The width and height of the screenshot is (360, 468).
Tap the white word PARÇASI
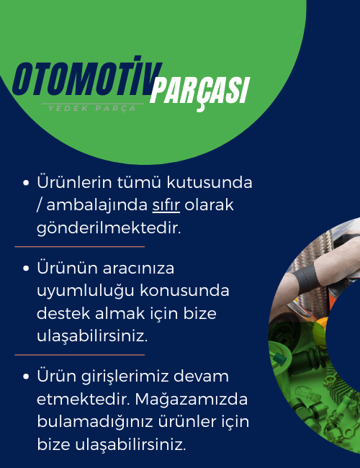[x=199, y=91]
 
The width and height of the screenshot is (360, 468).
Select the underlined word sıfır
[x=166, y=205]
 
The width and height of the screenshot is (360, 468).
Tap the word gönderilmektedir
[x=108, y=228]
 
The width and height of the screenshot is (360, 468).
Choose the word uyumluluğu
[x=80, y=291]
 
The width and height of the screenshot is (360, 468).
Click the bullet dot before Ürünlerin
[x=26, y=182]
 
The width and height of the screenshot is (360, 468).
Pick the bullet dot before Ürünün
[x=26, y=268]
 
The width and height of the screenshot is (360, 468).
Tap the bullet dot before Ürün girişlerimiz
[x=26, y=376]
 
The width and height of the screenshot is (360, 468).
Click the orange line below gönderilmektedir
[x=79, y=247]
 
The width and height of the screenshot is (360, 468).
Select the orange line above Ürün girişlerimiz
[x=79, y=354]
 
